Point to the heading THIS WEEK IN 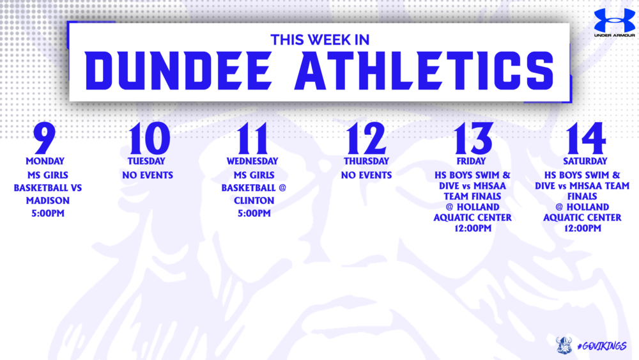coord(320,40)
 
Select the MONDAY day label coord(44,160)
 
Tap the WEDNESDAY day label coord(252,161)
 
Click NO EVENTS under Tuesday coord(148,175)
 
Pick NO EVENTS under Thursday coord(366,175)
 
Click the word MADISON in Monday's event coord(48,200)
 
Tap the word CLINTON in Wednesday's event coord(253,200)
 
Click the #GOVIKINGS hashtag coord(601,345)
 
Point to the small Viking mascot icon coord(563,345)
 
